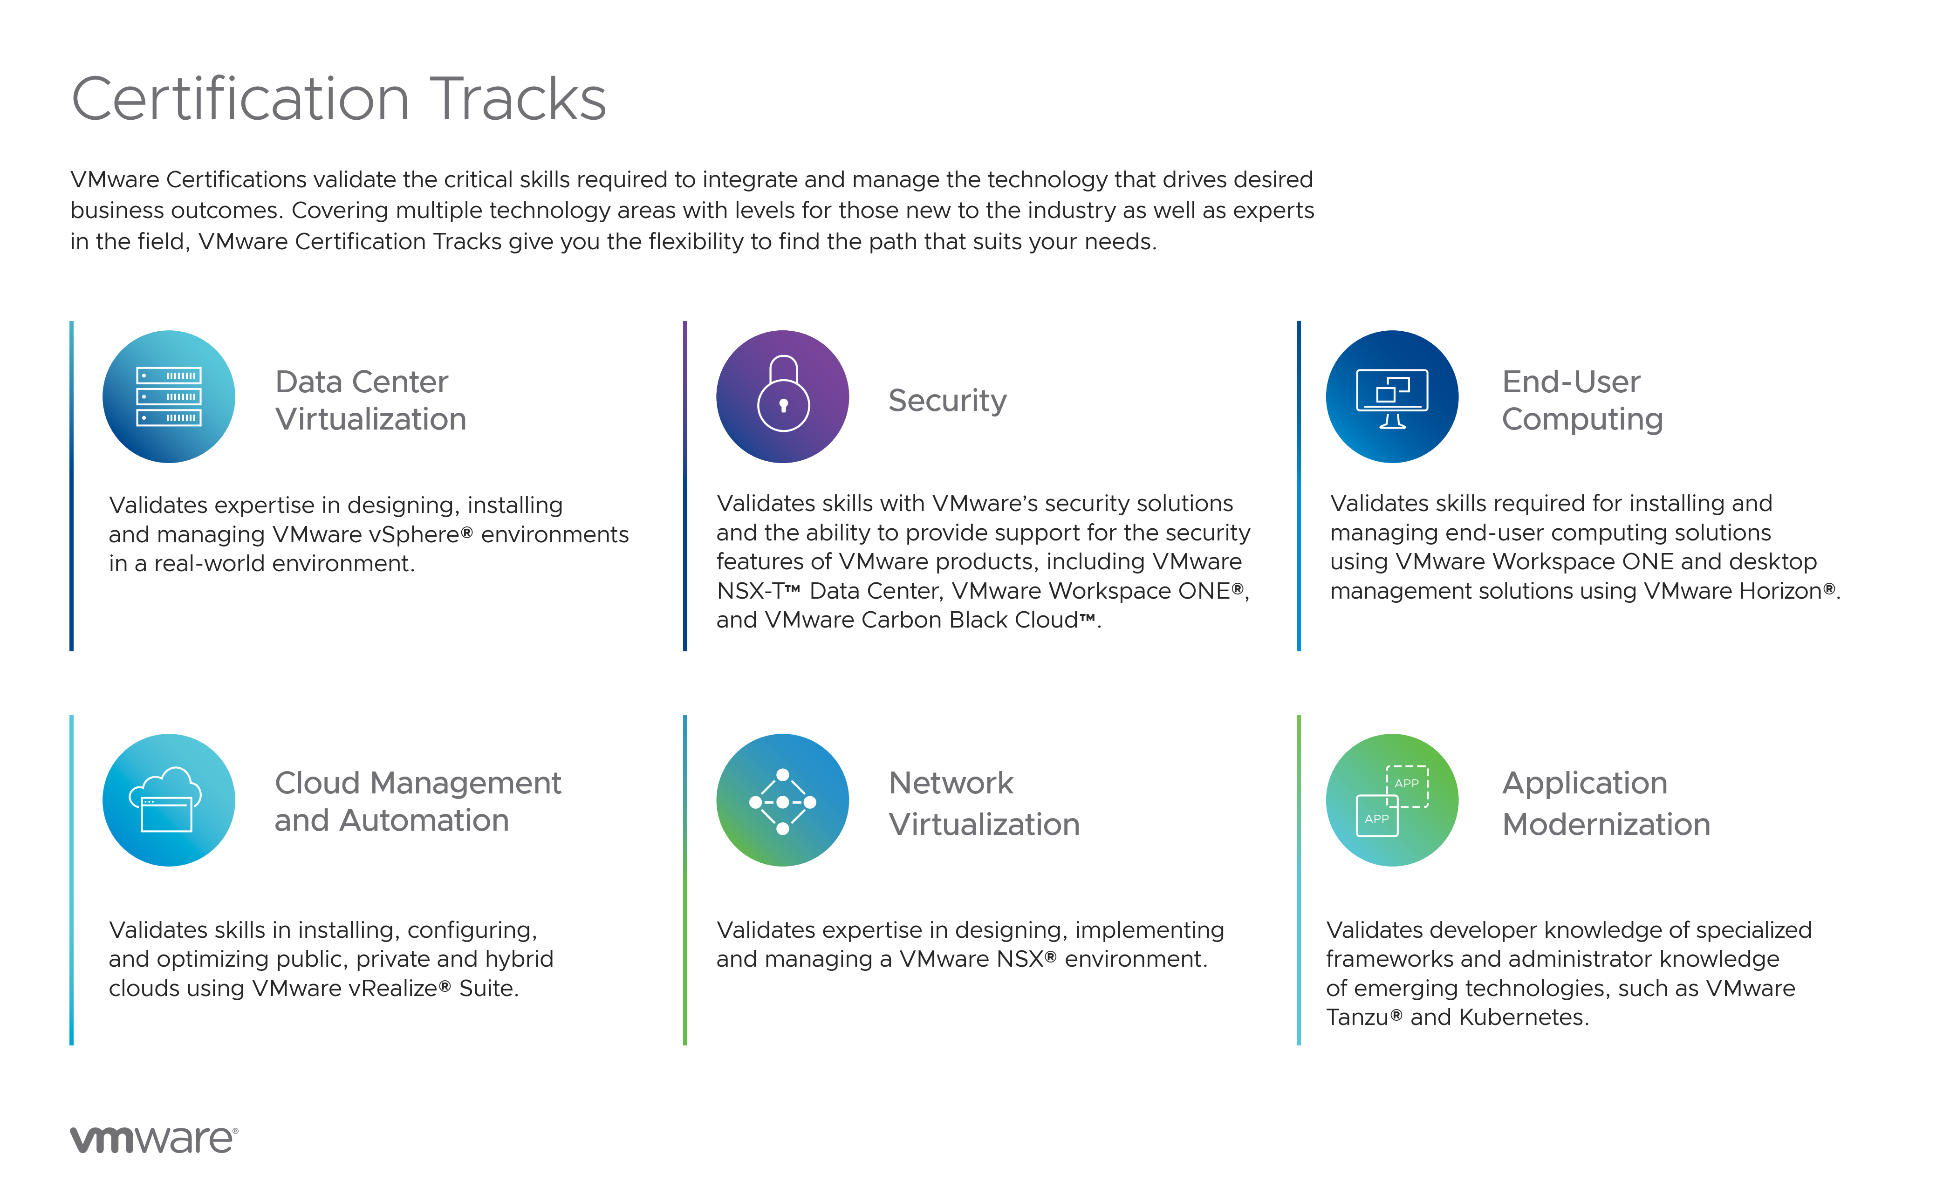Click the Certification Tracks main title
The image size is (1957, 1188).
pos(339,99)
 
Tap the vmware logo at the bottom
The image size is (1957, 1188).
pos(154,1140)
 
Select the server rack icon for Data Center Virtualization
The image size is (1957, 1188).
pos(169,397)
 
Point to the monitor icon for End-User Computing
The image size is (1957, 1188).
pos(1392,397)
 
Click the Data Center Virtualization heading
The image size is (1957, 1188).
pos(371,400)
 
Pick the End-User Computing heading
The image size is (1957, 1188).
pos(1582,400)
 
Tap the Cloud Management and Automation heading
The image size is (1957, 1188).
pos(418,801)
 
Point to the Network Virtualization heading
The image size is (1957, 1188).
pos(984,803)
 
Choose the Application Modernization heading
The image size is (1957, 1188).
pos(1606,803)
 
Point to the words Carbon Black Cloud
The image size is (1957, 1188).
pos(970,620)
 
